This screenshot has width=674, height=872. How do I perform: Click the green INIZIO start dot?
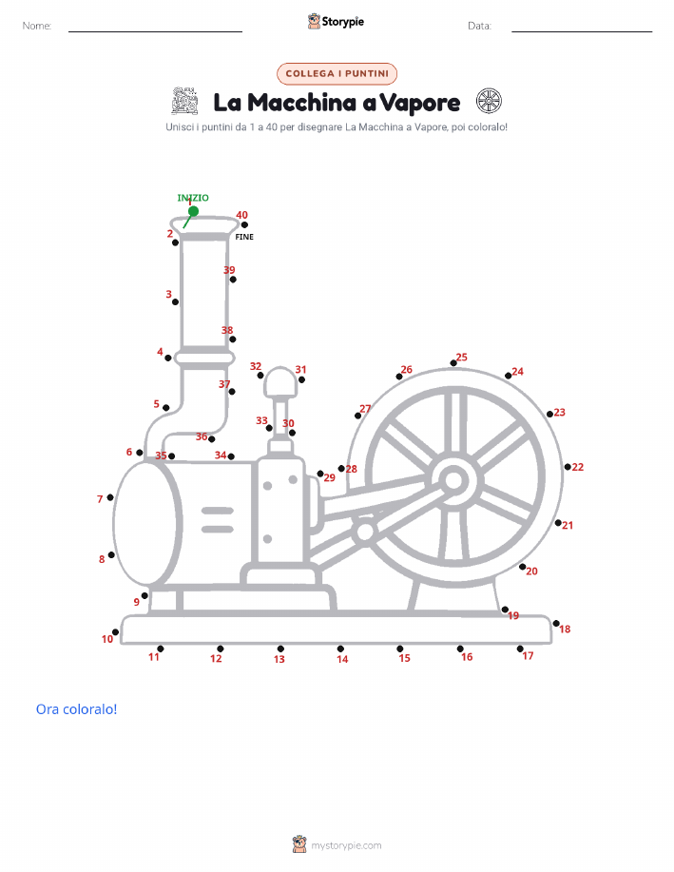point(194,211)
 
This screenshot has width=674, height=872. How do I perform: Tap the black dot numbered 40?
point(244,224)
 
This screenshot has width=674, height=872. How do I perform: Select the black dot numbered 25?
point(453,363)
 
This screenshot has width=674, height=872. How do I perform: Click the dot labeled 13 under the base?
point(280,649)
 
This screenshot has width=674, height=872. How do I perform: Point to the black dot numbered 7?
point(110,497)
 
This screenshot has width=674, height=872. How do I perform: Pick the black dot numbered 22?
point(568,467)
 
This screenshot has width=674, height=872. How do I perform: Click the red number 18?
point(565,629)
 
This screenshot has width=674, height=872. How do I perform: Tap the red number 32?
point(256,366)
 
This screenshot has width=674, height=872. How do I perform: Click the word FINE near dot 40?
point(244,237)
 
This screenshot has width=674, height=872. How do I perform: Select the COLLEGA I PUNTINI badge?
point(337,74)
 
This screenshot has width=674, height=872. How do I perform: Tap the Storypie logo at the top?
point(336,22)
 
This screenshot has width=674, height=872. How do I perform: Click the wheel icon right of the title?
point(489,101)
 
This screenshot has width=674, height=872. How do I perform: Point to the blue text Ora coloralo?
point(77,709)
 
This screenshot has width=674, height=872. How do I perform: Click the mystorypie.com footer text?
point(346,845)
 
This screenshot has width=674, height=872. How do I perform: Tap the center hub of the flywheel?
point(453,481)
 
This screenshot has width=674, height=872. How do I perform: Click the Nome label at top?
point(37,26)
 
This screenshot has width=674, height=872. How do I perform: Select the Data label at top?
point(479,26)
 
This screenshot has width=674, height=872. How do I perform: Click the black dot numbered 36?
point(212,439)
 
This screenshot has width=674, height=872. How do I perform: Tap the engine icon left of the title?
point(185,101)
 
